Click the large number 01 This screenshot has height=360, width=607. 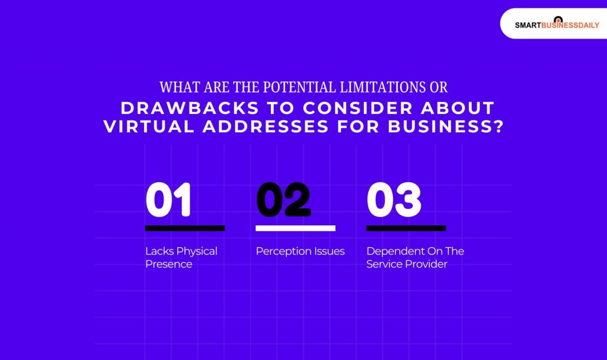click(169, 200)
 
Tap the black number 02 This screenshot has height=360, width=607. click(283, 200)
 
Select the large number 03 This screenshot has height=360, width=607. click(394, 200)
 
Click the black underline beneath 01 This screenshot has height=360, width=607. click(185, 228)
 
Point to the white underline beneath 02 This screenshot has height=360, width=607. click(295, 228)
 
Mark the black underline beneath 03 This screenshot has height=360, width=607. click(406, 228)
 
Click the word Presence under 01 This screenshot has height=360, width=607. click(168, 264)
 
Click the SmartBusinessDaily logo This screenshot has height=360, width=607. click(557, 24)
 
